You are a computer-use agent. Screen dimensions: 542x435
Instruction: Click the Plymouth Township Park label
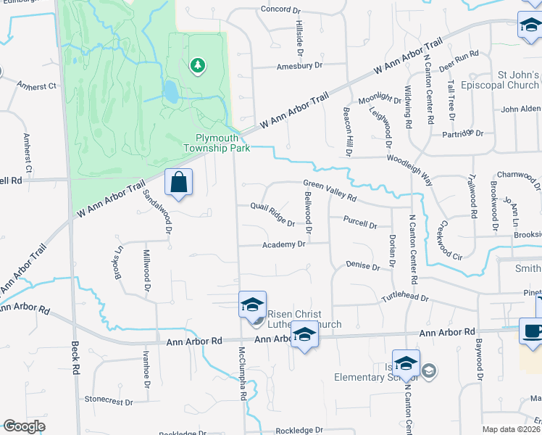point(222,143)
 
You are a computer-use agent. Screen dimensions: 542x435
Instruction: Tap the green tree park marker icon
point(196,67)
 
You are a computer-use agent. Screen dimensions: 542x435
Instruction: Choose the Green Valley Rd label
point(330,190)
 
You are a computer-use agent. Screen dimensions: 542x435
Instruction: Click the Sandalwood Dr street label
point(157,210)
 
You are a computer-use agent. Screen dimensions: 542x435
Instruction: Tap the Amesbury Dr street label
point(299,65)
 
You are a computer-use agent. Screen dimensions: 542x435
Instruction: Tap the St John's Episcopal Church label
point(507,80)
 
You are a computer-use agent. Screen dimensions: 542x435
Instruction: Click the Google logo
point(24,426)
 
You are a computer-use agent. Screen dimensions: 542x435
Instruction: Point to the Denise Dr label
point(363,267)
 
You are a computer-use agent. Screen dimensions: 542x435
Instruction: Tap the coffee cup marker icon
point(532,331)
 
